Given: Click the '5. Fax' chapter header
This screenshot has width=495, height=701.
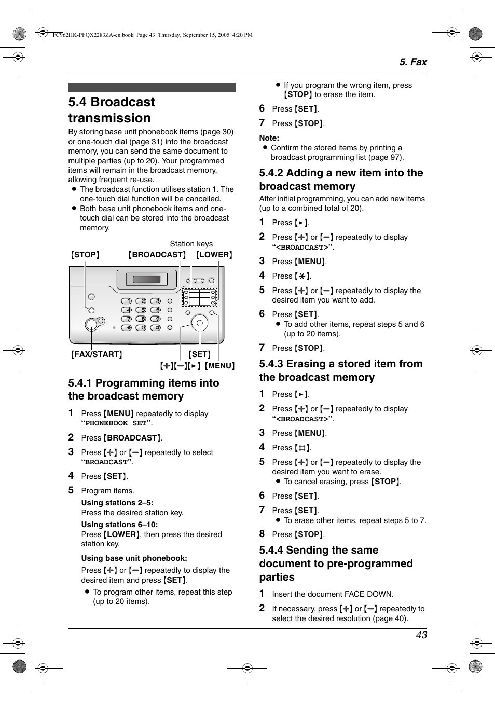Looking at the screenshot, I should pyautogui.click(x=412, y=62).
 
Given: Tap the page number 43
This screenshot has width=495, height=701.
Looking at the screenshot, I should pyautogui.click(x=421, y=635).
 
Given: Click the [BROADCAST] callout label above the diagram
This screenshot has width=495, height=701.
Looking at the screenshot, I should pyautogui.click(x=157, y=255).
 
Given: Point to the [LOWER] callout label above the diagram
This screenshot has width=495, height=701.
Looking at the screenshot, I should pyautogui.click(x=214, y=255).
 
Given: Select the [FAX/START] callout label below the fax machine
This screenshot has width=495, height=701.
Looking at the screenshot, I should pyautogui.click(x=97, y=354).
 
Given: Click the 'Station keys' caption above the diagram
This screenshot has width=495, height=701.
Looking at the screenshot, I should pyautogui.click(x=191, y=243).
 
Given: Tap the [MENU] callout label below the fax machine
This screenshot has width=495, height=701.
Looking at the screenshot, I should pyautogui.click(x=219, y=366).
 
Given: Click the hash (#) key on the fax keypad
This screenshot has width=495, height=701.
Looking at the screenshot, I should pyautogui.click(x=156, y=328).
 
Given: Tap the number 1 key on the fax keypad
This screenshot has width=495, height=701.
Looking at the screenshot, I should pyautogui.click(x=127, y=301).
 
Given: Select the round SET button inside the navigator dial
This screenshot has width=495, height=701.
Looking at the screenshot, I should pyautogui.click(x=199, y=323).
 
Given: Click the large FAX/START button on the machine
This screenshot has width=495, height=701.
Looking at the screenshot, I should pyautogui.click(x=91, y=325).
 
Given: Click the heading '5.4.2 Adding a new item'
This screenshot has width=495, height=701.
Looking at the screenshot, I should pyautogui.click(x=341, y=180).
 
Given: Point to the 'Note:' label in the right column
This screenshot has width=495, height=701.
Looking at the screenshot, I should pyautogui.click(x=269, y=138).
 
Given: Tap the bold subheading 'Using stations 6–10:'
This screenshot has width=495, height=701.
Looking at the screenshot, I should pyautogui.click(x=119, y=525).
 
